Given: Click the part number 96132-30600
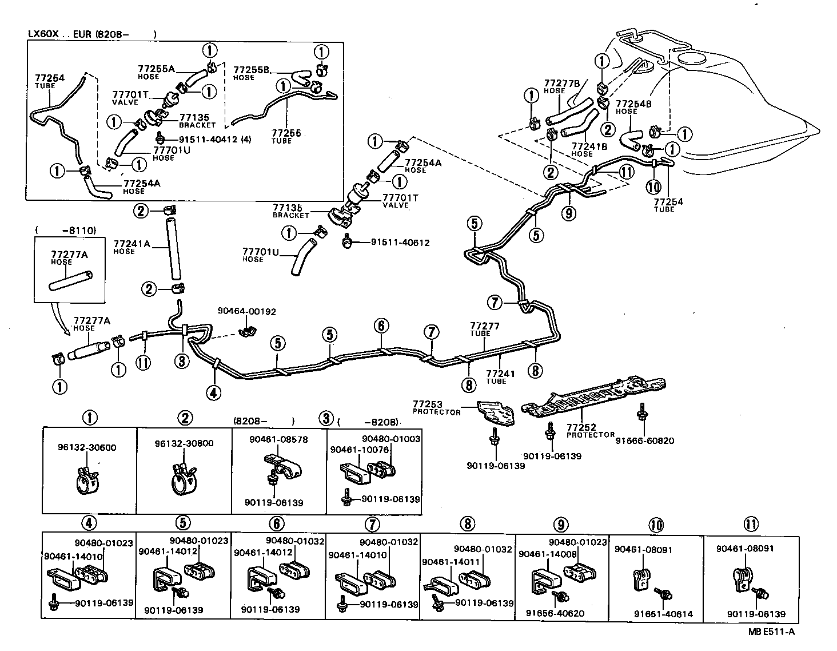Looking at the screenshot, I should click(x=86, y=447).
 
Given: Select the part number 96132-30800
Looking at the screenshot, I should click(x=184, y=443).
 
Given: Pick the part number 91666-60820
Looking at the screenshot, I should click(x=645, y=440).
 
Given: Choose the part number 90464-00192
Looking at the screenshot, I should click(x=246, y=312).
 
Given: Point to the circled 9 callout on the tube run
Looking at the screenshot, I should click(x=569, y=213).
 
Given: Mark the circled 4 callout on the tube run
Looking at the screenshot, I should click(x=213, y=392).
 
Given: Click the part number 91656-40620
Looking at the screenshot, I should click(x=555, y=613).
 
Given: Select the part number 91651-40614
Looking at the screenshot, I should click(x=663, y=614).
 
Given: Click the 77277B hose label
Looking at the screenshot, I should click(x=562, y=86).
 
